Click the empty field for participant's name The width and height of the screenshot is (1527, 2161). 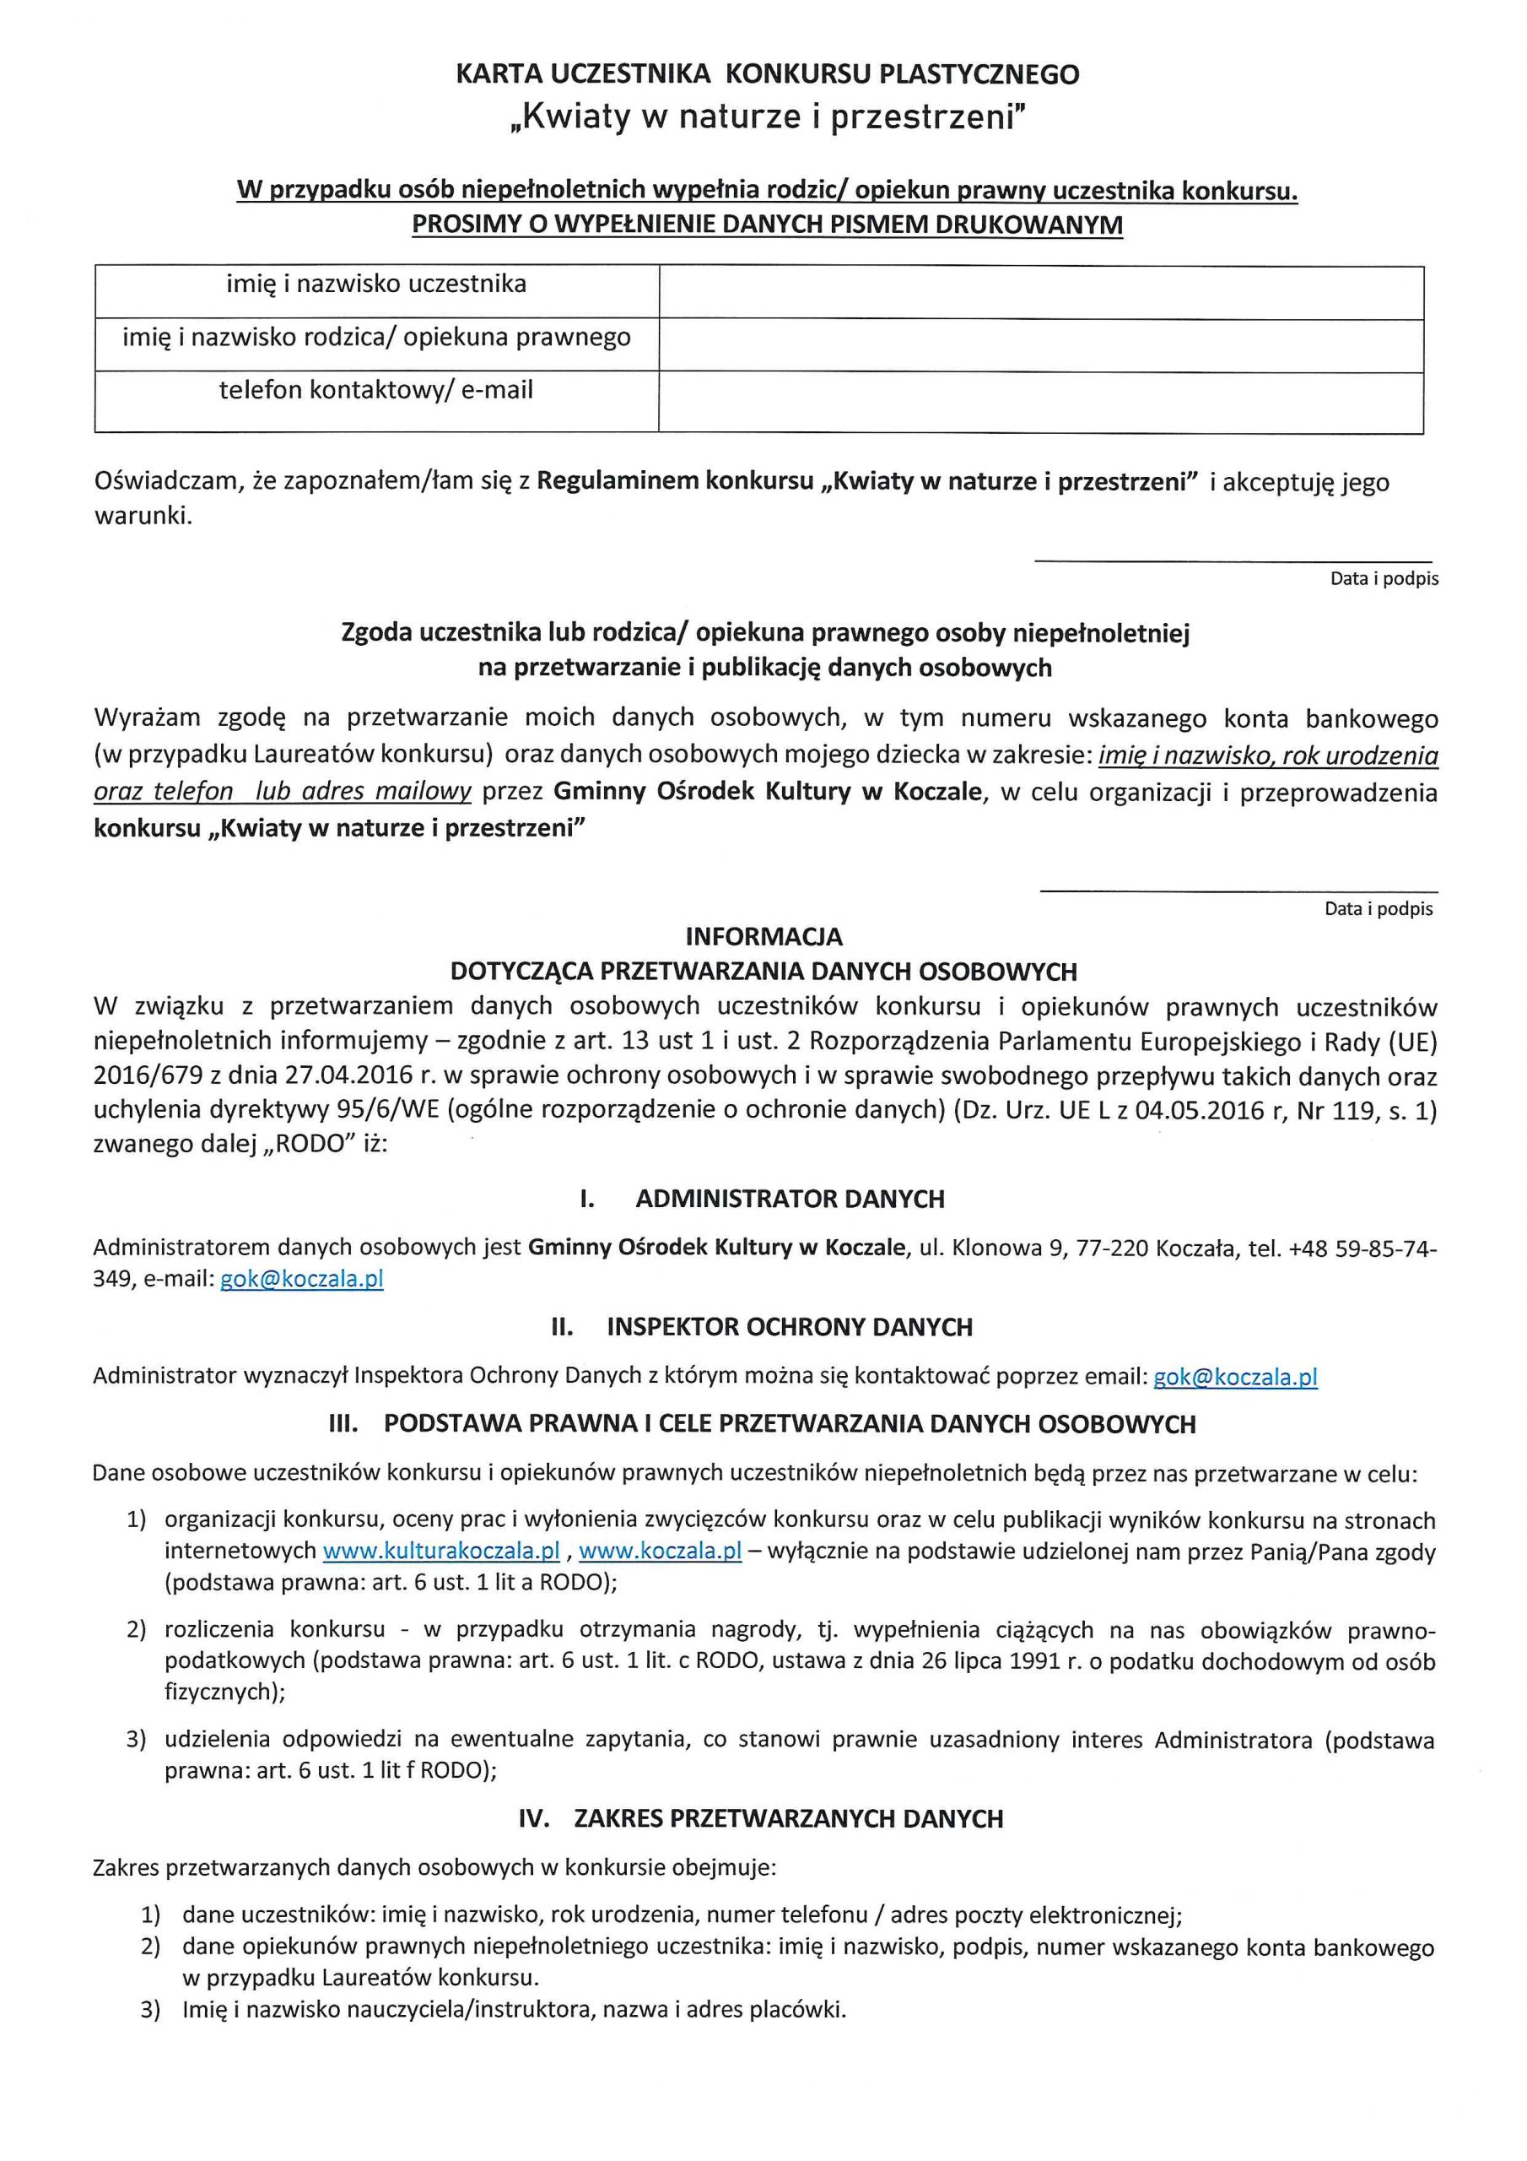point(1040,293)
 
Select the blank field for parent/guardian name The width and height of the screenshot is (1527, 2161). point(1040,345)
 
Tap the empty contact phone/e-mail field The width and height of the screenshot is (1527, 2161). point(1040,402)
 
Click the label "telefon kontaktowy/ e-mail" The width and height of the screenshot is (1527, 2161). point(376,390)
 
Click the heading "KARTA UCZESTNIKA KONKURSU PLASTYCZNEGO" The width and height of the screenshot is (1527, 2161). point(767,74)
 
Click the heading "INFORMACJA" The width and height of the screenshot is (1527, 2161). point(764,936)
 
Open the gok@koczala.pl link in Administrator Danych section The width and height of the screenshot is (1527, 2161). point(302,1279)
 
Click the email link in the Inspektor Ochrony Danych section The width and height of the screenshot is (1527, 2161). point(1234,1377)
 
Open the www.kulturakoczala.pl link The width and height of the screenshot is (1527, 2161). point(441,1550)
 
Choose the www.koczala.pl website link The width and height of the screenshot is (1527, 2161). point(661,1550)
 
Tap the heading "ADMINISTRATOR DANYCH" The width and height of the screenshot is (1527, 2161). point(790,1199)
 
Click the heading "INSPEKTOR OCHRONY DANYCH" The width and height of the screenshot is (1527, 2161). point(790,1327)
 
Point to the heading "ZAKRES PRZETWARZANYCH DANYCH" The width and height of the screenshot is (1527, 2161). point(789,1818)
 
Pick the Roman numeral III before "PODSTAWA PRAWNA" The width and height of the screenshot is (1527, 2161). point(343,1424)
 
